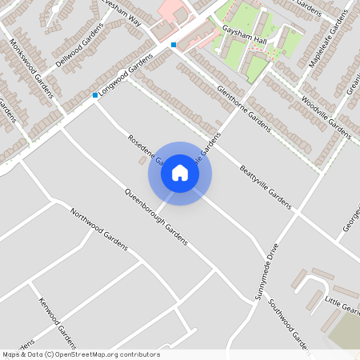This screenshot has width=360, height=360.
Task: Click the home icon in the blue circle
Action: (180, 173)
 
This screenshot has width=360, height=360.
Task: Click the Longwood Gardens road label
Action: (126, 76)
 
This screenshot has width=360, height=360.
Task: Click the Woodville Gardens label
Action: (326, 118)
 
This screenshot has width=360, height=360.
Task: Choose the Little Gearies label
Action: (342, 305)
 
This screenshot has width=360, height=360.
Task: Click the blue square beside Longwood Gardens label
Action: (95, 96)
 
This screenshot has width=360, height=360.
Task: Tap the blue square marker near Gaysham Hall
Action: (174, 45)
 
